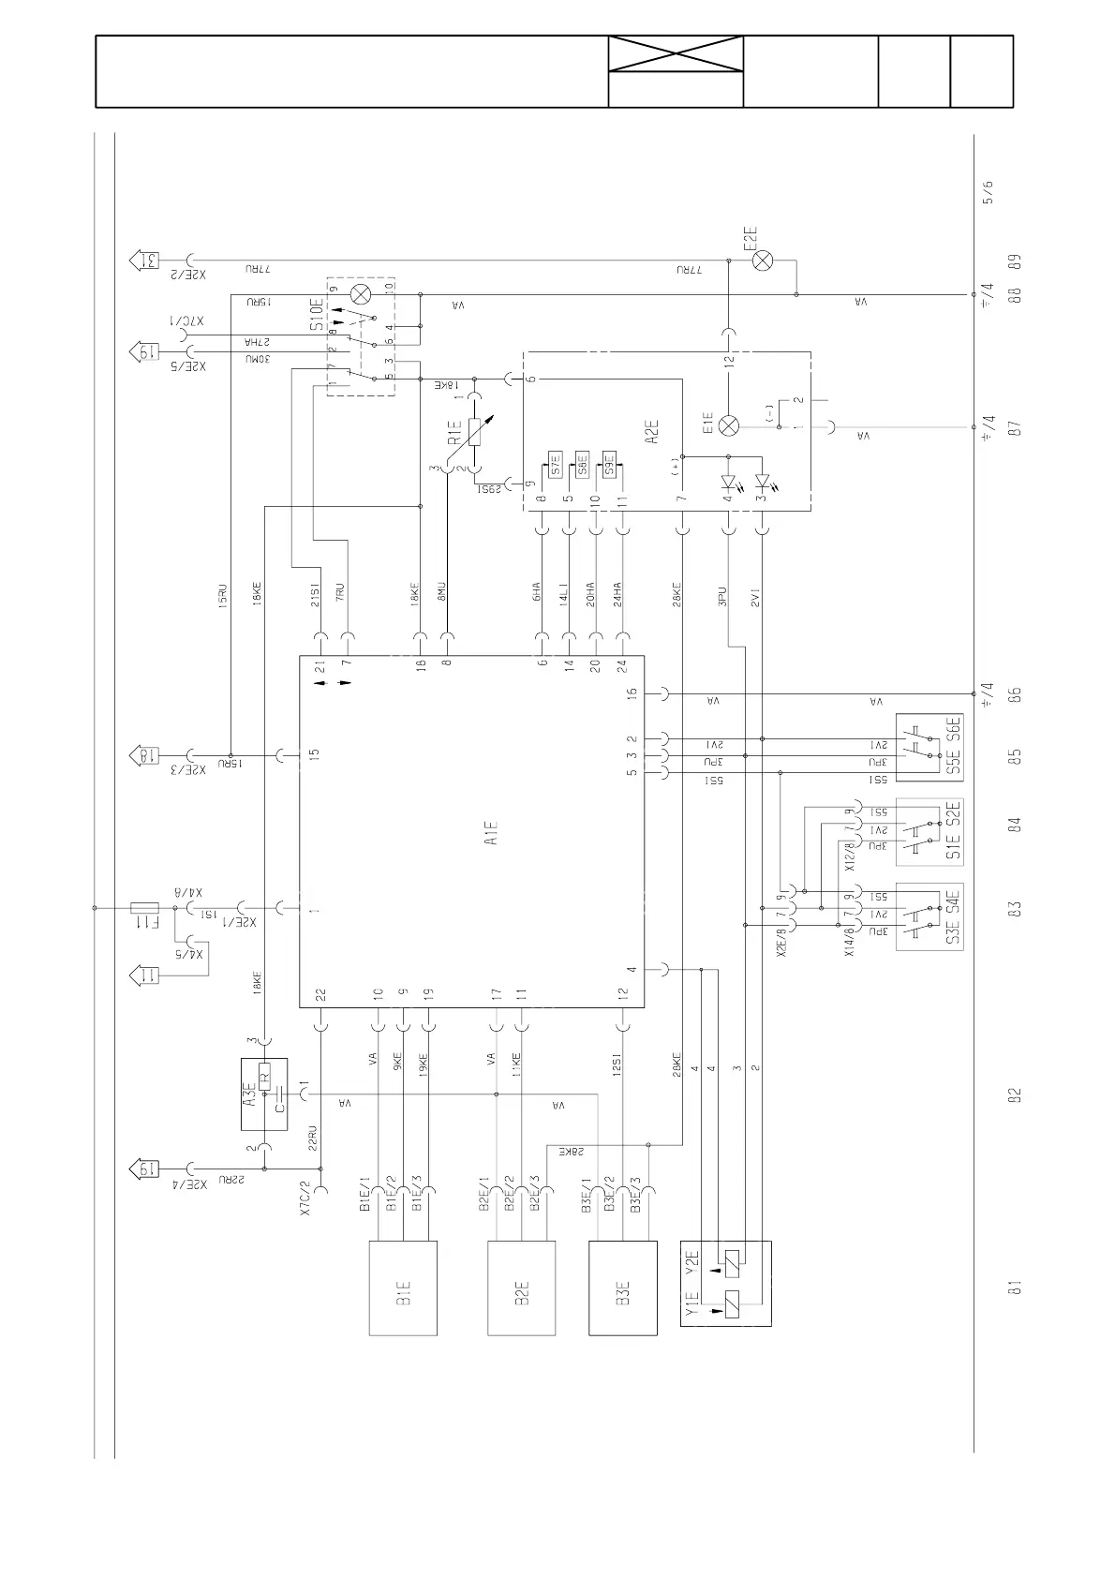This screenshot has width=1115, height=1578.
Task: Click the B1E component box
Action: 403,1288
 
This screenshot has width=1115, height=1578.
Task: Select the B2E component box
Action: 522,1288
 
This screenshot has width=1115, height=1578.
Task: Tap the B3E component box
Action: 623,1288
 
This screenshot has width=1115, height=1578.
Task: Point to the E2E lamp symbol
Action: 763,261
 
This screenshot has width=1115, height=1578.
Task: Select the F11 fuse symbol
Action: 146,908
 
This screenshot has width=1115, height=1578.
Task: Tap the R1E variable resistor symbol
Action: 475,431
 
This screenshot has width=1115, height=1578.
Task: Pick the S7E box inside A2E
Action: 555,465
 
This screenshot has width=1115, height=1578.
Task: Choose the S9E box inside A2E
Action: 609,465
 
